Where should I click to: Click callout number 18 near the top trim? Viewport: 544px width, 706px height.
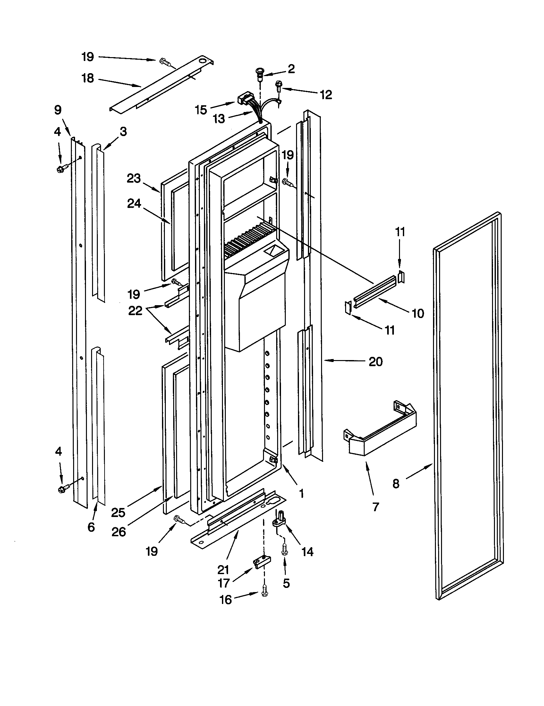pos(88,78)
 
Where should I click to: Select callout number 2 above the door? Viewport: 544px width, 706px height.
pos(291,69)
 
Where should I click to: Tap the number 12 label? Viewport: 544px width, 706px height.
pos(326,95)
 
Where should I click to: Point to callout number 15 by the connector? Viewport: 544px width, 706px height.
pos(201,110)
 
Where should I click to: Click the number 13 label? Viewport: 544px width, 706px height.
pos(219,119)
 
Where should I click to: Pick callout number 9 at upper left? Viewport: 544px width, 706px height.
pos(58,110)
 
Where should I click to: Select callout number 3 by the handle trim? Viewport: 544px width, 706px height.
pos(123,132)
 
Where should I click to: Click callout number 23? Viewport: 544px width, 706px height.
pos(134,178)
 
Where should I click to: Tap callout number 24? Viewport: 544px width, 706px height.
pos(134,203)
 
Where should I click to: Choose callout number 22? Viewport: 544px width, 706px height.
pos(135,311)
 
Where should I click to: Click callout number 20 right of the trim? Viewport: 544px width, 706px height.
pos(376,361)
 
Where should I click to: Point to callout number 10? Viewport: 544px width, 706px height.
pos(418,313)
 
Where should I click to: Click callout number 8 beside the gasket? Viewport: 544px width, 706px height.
pos(396,484)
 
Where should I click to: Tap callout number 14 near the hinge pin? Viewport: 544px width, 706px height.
pos(307,552)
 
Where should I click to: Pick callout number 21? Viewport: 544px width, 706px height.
pos(223,570)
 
